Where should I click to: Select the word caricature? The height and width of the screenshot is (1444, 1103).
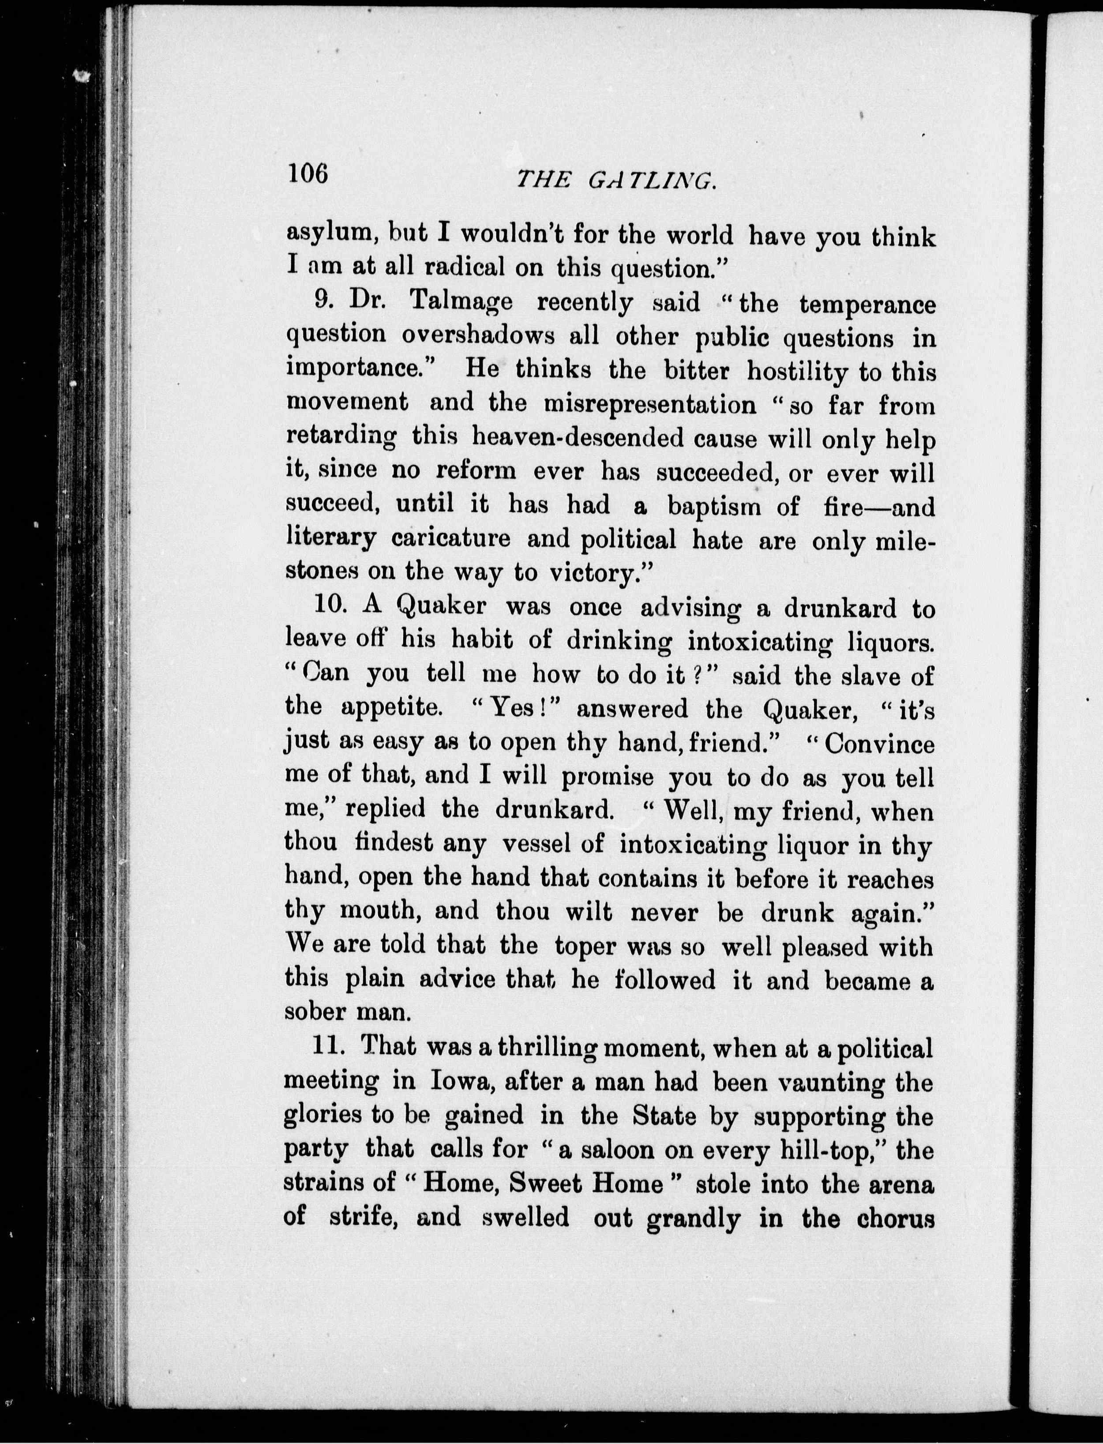(450, 539)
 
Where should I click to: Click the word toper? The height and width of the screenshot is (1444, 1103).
(585, 946)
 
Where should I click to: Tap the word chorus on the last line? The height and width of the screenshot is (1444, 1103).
(896, 1218)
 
